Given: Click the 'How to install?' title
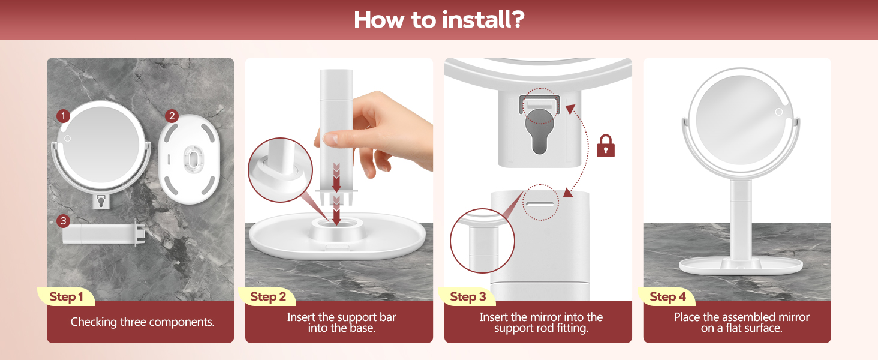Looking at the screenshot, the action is point(439,19).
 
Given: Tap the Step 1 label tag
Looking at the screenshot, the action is point(66,296).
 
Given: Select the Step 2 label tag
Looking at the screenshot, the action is point(267,296).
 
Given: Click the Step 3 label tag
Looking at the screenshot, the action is point(468,296).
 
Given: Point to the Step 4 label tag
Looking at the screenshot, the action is point(667,296).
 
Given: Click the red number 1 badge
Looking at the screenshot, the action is point(63,116).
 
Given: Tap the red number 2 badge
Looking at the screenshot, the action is point(172,116).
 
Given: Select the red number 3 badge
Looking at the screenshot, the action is point(63,221).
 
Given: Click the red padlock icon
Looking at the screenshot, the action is point(606,146).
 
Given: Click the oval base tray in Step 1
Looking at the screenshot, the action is point(190,159).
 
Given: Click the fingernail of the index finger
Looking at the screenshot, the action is point(331,139).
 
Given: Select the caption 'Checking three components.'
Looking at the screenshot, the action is point(142,322).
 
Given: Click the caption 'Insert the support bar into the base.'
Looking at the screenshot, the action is point(341,322).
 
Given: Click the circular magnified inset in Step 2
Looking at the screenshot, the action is point(280,170).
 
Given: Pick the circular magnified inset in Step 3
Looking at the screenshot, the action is point(482,241).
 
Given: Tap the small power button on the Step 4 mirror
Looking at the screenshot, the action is point(779,112).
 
